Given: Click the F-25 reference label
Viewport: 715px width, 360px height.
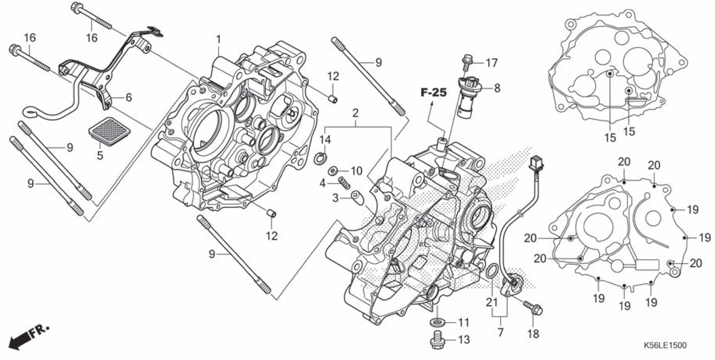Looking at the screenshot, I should click(x=434, y=92).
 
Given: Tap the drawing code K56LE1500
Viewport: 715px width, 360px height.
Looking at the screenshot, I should click(x=665, y=345).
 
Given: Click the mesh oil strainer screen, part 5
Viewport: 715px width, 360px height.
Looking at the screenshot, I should click(x=110, y=131).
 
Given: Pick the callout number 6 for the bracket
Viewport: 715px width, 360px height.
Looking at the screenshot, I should click(x=128, y=97).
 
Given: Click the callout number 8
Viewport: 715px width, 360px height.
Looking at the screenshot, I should click(x=497, y=88).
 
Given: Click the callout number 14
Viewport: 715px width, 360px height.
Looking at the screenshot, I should click(x=325, y=140).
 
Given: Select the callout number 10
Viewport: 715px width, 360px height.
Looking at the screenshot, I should click(x=357, y=171).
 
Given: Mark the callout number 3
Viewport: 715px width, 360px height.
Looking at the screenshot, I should click(x=335, y=198).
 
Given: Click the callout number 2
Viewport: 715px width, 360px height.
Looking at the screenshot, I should click(x=355, y=113).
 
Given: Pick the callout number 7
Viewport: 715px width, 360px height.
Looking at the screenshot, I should click(x=500, y=332).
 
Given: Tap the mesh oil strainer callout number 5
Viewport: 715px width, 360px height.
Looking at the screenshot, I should click(x=100, y=155).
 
